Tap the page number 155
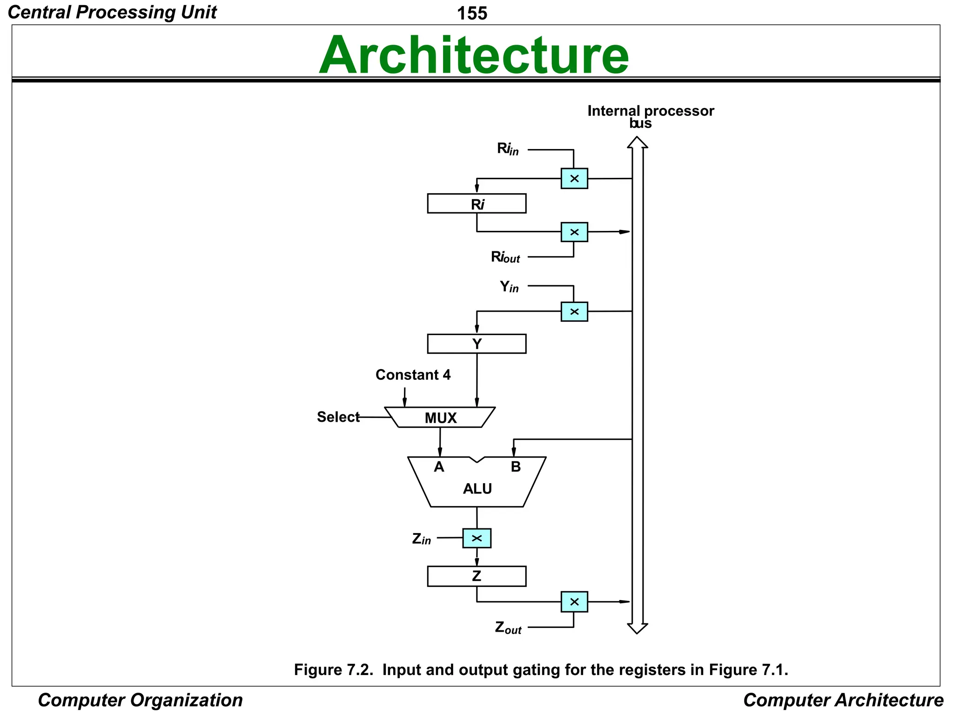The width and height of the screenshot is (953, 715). tap(472, 13)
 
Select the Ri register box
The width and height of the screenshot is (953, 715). tap(476, 203)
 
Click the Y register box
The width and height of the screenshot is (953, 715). tap(476, 344)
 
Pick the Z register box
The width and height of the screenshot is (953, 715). tap(476, 576)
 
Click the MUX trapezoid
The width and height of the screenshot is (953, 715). tap(440, 418)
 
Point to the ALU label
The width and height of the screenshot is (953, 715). tap(477, 489)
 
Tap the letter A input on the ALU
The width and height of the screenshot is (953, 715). tap(439, 467)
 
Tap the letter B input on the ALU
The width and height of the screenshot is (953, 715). tap(516, 467)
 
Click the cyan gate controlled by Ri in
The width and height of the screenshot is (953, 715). tap(574, 178)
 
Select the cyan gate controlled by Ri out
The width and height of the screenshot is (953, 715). tap(574, 232)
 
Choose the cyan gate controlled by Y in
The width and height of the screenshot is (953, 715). tap(574, 311)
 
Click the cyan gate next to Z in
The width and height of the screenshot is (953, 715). tap(476, 538)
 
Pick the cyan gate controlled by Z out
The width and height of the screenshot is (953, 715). tap(574, 601)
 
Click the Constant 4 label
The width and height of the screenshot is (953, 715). tap(413, 375)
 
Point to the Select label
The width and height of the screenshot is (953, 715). tap(338, 417)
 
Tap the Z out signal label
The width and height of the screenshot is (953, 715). tap(508, 628)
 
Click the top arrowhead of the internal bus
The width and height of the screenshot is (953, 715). tap(637, 142)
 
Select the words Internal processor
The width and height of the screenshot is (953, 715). tap(650, 111)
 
